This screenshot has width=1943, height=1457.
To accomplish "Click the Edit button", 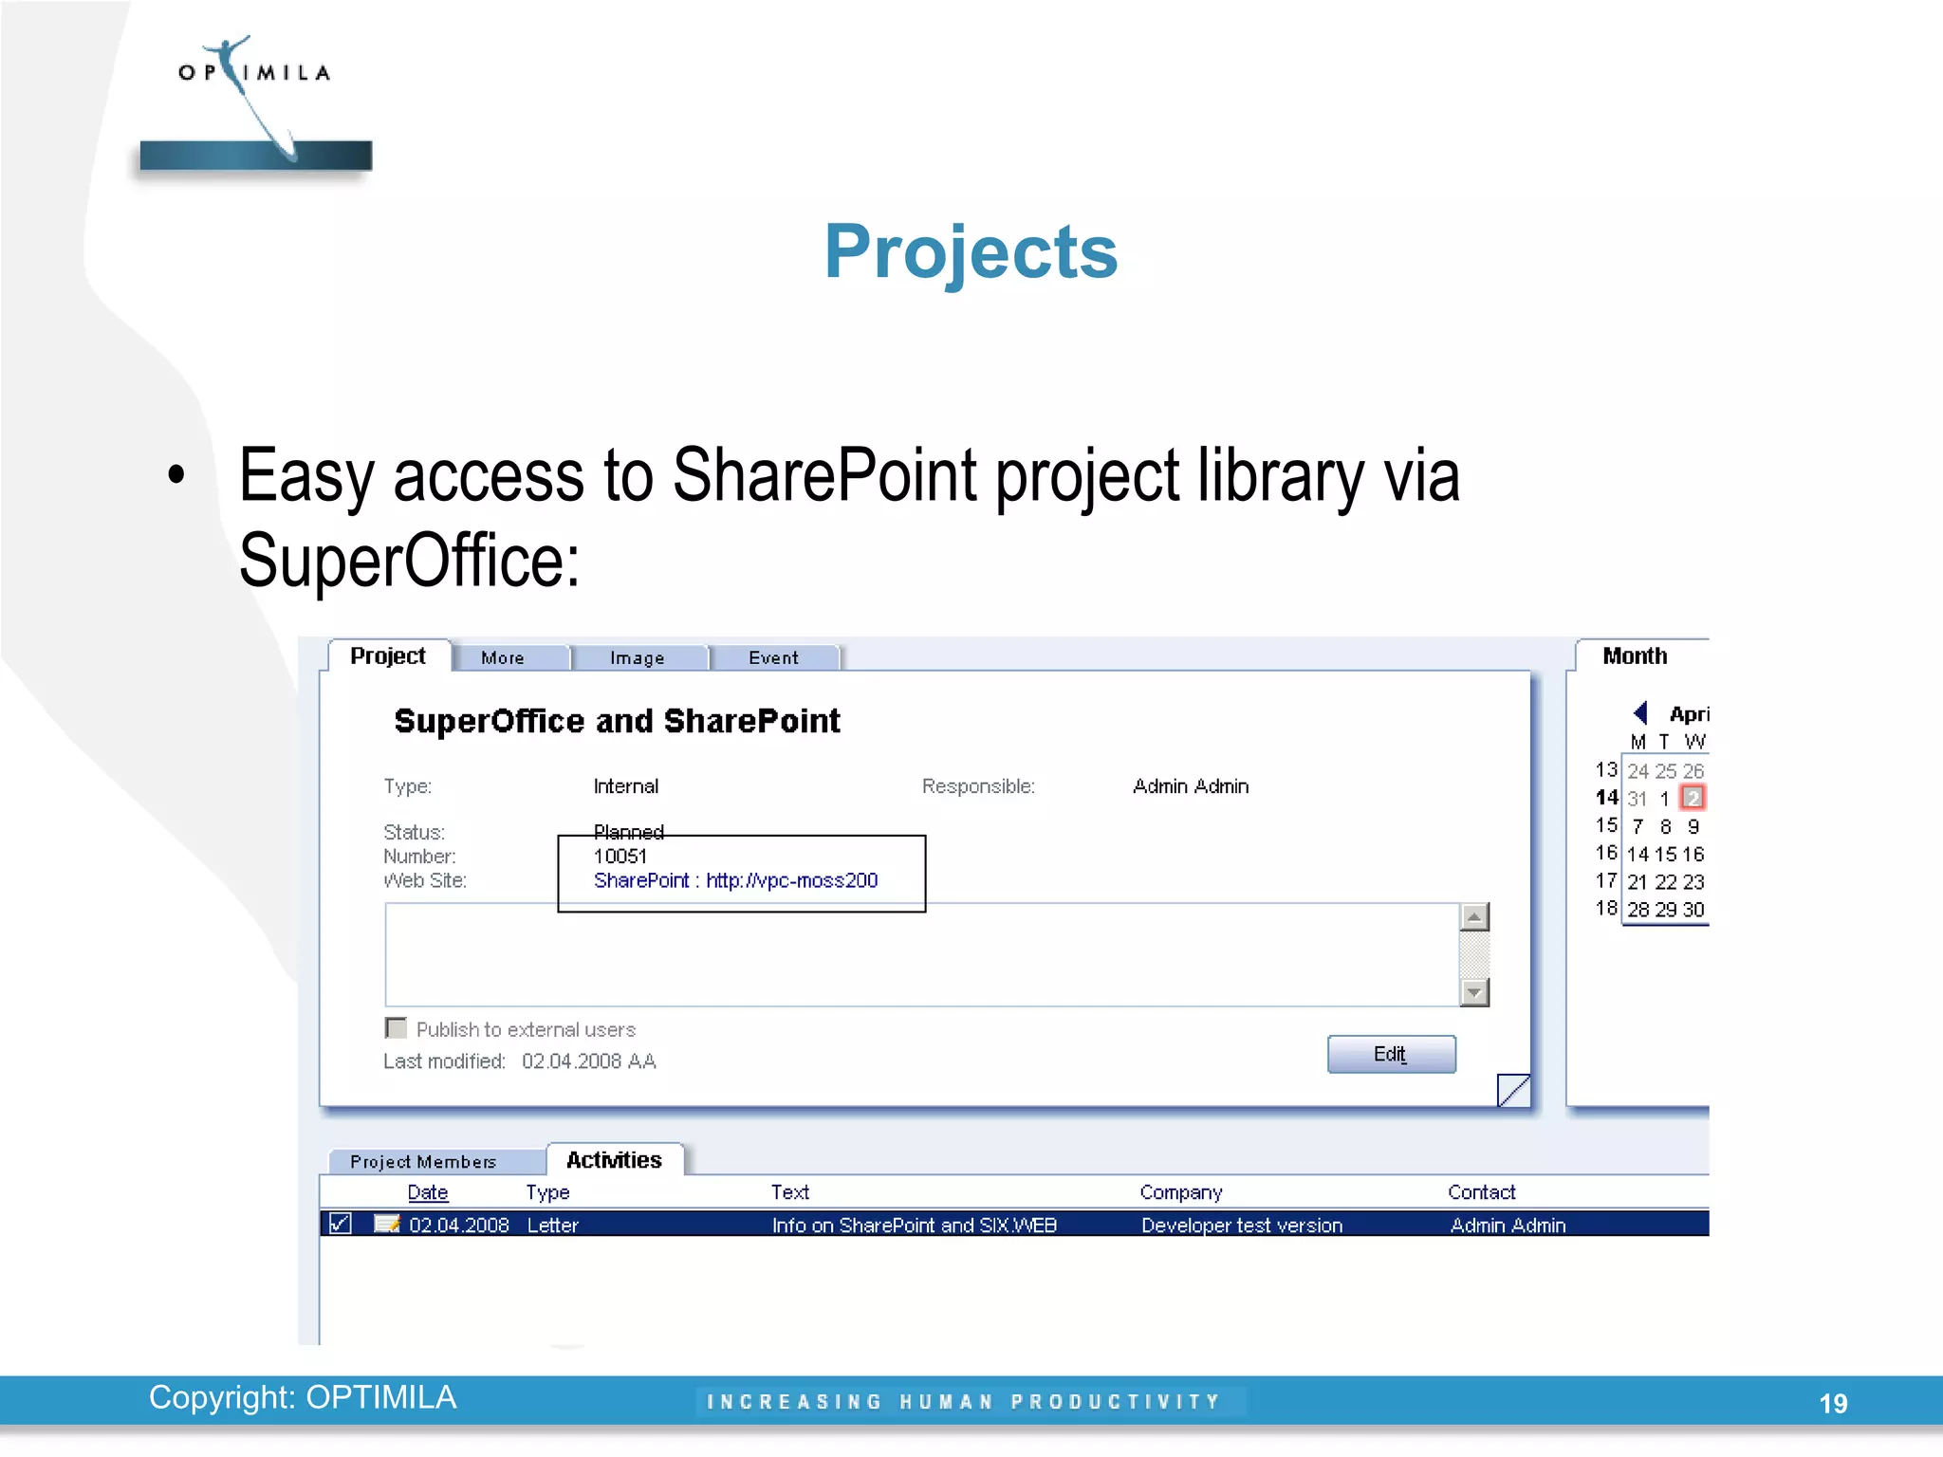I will click(1391, 1054).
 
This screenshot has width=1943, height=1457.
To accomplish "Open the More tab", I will click(503, 657).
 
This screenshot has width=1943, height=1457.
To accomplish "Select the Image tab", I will click(637, 657).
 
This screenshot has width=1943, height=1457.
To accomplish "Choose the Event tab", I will click(773, 657).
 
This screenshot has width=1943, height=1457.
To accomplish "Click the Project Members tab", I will click(423, 1161).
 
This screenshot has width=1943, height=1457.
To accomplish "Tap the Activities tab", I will click(614, 1159).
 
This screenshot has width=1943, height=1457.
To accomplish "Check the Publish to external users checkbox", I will click(397, 1028).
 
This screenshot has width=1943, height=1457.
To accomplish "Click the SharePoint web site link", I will click(735, 880).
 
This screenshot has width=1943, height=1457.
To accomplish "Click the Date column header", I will click(427, 1191).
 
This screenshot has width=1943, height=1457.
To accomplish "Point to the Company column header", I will click(1180, 1191).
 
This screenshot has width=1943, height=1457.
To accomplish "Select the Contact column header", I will click(1481, 1191).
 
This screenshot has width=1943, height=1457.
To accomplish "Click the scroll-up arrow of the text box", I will click(1474, 917).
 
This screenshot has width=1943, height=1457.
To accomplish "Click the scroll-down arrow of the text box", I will click(1474, 992).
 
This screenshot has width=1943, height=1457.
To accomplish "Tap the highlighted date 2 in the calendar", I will click(1693, 798).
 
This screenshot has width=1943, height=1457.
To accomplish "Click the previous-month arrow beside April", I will click(1640, 712).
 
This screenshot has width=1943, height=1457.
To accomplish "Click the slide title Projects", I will click(971, 251).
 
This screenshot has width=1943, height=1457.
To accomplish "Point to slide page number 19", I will click(1833, 1403).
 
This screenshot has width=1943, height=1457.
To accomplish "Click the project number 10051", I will click(620, 856).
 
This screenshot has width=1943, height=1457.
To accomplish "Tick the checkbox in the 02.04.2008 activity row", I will click(340, 1224).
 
